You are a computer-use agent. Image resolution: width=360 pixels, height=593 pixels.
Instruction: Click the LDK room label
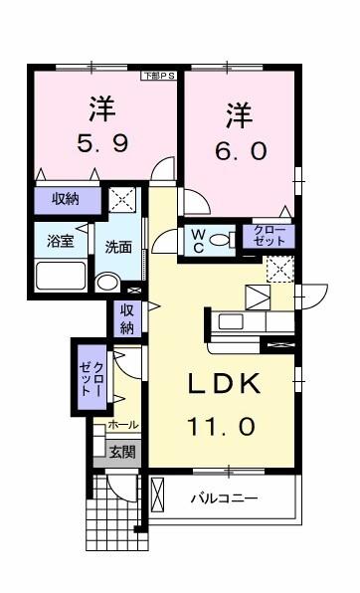pos(224,385)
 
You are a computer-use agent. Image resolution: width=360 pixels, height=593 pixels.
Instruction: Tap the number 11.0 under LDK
pos(224,425)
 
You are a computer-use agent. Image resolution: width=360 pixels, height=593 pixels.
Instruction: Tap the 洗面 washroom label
pos(118,247)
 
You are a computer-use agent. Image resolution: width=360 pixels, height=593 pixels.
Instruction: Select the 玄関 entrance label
pos(122,452)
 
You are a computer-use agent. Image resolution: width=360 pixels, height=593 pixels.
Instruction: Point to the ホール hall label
pos(121,425)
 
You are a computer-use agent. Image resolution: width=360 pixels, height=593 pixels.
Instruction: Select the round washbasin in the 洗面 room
pos(106,282)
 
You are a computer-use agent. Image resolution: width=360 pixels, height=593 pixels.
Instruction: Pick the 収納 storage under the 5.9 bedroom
pos(66,199)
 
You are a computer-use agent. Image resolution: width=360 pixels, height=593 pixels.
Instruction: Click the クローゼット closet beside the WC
pos(268,237)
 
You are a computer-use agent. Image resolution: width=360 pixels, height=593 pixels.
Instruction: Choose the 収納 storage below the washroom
pos(126,318)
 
